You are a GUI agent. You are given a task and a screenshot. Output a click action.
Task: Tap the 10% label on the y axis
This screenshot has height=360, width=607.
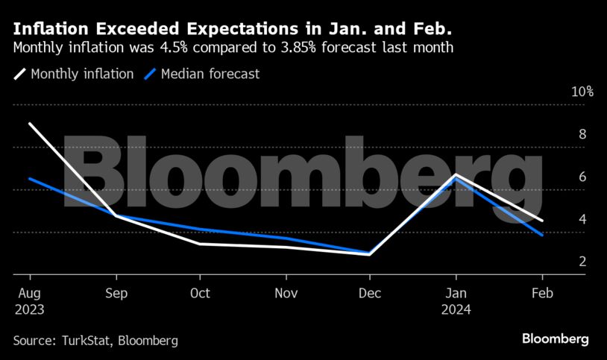[582, 92]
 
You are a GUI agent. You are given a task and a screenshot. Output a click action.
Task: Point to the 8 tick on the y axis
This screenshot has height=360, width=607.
[582, 134]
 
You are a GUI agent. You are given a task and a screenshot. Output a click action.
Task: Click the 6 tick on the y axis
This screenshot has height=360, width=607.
[582, 177]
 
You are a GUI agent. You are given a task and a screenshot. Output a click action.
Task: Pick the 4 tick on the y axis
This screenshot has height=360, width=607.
[582, 219]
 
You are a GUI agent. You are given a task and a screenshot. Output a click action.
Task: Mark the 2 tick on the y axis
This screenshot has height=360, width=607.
[582, 262]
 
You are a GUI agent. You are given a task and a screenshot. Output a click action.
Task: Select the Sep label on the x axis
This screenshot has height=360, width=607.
[115, 293]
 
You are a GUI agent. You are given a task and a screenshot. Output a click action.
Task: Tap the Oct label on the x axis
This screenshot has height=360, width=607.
[201, 293]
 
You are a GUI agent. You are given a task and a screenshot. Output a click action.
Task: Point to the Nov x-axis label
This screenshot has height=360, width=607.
[286, 293]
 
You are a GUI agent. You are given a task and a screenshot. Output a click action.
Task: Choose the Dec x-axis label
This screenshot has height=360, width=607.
[371, 293]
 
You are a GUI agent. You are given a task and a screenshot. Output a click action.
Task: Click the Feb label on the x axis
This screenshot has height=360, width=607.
[542, 293]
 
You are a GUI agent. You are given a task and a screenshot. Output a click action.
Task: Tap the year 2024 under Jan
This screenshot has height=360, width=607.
[457, 309]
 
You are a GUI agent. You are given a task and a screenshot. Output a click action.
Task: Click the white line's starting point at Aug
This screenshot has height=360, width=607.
[30, 124]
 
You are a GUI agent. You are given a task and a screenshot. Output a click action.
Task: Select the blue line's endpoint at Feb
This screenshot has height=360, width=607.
[542, 235]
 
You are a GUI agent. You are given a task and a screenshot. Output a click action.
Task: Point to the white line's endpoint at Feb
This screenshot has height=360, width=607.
[542, 221]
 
